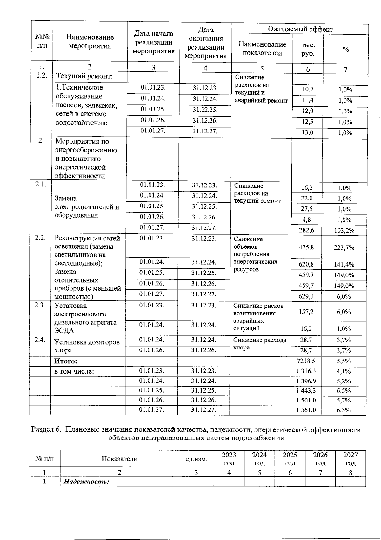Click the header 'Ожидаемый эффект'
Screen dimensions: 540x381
(x=300, y=30)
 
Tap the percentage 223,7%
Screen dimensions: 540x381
(x=344, y=247)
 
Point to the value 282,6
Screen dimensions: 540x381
(x=306, y=230)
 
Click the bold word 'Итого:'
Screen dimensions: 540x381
(x=66, y=361)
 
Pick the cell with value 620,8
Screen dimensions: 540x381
(x=306, y=264)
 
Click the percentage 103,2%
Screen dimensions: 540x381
(x=344, y=230)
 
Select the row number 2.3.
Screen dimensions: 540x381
(x=40, y=305)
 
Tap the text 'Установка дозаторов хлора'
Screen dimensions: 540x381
(x=87, y=346)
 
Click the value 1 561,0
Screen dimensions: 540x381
(x=306, y=410)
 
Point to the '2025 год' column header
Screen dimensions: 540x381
(x=290, y=459)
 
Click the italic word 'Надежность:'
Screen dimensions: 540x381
(x=86, y=481)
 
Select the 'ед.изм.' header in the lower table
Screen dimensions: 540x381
(x=196, y=459)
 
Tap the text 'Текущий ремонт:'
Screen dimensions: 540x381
(x=84, y=76)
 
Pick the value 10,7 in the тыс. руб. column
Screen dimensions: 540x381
(x=307, y=89)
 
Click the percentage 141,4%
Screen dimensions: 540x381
(x=344, y=264)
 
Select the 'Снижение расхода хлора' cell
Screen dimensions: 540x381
(x=260, y=343)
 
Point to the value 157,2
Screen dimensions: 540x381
(x=306, y=312)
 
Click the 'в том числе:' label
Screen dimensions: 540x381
(x=74, y=371)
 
